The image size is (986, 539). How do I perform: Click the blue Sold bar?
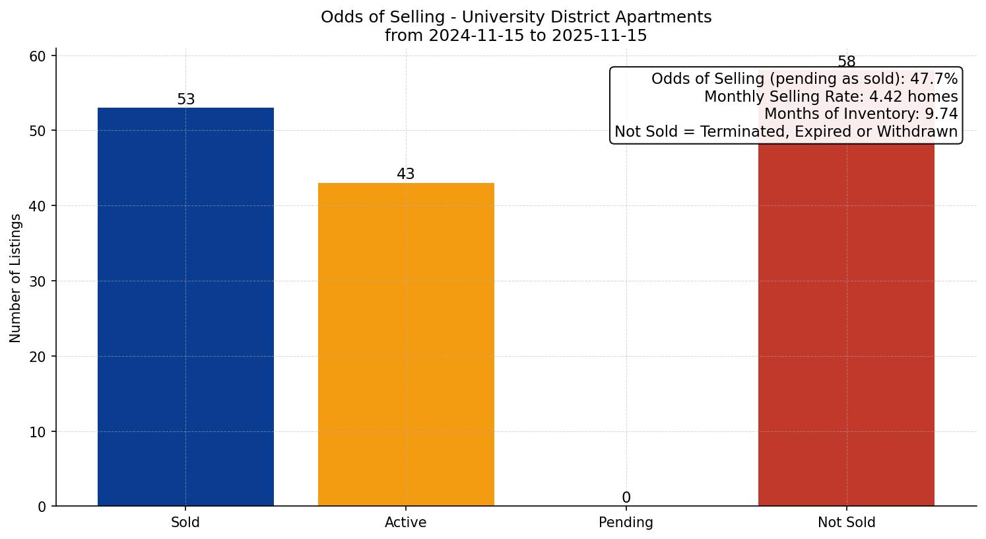(185, 306)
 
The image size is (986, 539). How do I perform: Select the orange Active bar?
(406, 344)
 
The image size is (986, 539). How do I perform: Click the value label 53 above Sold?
(186, 100)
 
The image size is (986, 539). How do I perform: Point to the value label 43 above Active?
(406, 174)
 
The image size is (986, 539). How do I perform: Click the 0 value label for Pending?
(626, 498)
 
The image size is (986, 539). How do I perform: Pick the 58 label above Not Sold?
(846, 62)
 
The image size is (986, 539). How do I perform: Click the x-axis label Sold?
(185, 522)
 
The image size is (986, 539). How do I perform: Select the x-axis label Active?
(406, 522)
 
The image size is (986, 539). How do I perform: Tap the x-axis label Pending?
(626, 522)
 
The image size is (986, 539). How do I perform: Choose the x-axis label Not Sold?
(846, 522)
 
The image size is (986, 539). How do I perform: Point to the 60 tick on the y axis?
(38, 56)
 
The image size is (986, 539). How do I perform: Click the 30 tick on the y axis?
(38, 281)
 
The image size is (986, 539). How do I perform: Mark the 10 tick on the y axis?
(38, 432)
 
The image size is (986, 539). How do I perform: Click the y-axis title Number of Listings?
(16, 278)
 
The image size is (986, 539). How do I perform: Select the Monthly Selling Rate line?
(831, 96)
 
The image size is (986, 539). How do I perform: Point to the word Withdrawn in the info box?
(921, 131)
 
